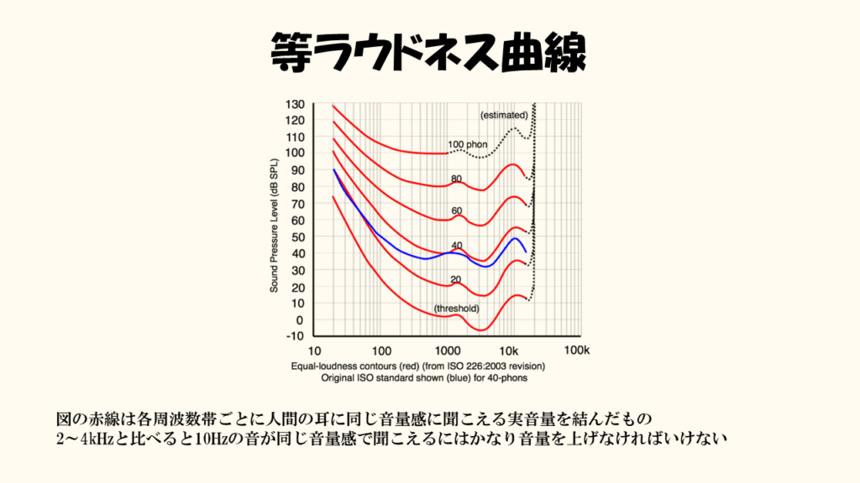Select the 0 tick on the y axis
299,320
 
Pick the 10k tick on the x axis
509,350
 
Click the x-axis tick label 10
316,350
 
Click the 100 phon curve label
467,145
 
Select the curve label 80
457,179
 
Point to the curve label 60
457,211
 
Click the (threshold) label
457,309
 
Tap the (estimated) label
504,114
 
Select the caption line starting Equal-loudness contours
418,366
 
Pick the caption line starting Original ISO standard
418,378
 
